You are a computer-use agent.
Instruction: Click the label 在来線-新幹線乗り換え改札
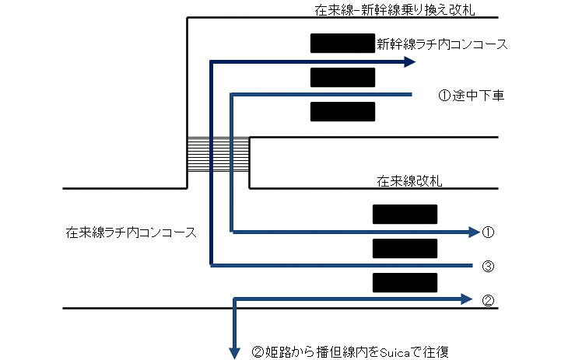point(394,10)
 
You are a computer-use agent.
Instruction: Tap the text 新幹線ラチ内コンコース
point(441,44)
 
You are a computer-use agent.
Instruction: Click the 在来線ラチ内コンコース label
point(131,232)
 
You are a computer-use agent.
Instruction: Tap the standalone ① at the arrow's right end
point(489,232)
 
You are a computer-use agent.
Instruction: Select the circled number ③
point(489,266)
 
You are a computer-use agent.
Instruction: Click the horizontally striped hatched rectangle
point(218,154)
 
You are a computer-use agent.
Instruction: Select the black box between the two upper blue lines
point(342,77)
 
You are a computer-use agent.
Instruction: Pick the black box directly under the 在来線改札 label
point(405,214)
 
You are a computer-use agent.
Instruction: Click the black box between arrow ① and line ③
point(405,248)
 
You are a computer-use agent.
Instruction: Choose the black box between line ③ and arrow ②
point(405,282)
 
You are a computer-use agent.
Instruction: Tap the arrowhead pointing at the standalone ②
point(467,298)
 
